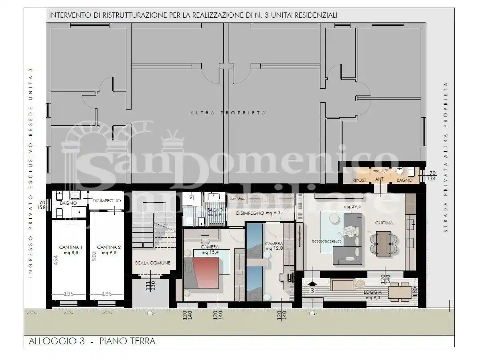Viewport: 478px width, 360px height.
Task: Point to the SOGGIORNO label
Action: [x=327, y=242]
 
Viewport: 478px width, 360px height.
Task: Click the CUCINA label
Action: [x=384, y=223]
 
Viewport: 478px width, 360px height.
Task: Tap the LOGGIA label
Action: [x=373, y=292]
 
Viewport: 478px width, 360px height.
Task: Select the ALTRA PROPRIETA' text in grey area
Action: [x=228, y=113]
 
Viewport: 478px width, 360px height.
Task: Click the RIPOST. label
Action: [x=360, y=181]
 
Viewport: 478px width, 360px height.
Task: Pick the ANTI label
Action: [x=379, y=181]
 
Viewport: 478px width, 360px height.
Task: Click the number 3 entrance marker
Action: [x=312, y=290]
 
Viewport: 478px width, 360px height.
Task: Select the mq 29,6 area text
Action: [x=352, y=207]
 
